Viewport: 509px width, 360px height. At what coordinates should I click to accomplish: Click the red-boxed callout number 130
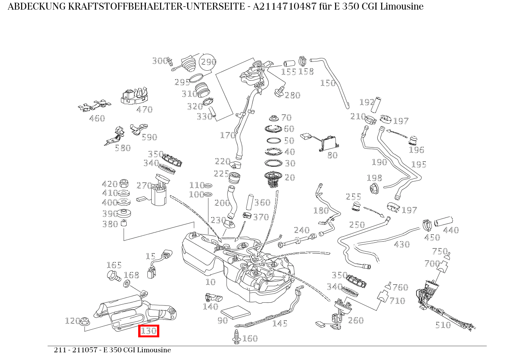click(149, 331)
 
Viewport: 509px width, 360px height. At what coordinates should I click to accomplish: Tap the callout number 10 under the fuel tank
click(210, 282)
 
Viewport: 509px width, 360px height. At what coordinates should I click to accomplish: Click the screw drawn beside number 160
click(236, 336)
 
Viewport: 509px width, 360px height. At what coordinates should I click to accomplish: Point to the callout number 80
click(332, 155)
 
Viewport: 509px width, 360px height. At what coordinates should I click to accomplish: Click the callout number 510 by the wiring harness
click(443, 325)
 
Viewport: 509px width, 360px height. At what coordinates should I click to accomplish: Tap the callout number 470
click(144, 109)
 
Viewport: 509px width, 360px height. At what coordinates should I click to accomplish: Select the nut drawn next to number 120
click(85, 320)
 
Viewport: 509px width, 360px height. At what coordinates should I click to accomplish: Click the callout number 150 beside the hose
click(327, 83)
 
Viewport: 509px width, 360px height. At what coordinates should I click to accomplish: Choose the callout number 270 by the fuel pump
click(144, 186)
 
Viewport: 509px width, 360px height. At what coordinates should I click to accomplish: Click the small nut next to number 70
click(274, 118)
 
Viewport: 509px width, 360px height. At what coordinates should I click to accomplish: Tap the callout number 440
click(451, 230)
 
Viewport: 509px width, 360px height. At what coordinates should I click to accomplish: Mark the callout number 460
click(97, 118)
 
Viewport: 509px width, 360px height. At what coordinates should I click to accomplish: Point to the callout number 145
click(279, 324)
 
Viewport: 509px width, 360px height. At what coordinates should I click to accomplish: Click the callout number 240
click(301, 230)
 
